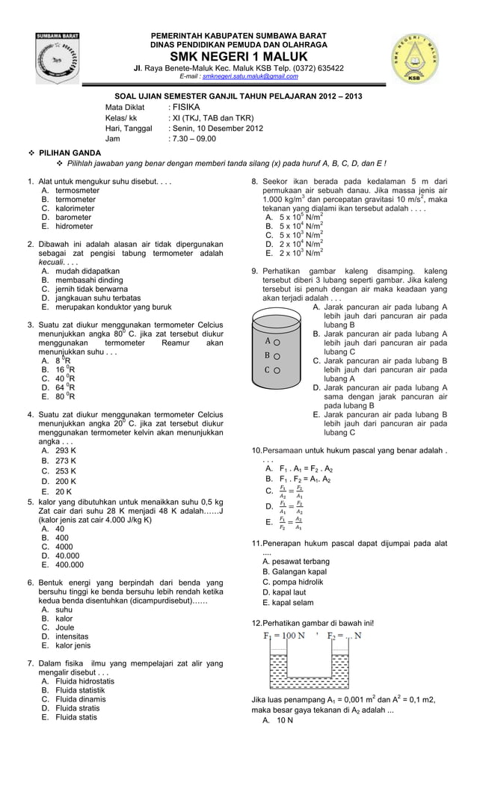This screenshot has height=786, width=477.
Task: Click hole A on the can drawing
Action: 275,340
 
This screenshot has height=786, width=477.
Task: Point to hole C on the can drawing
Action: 275,369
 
